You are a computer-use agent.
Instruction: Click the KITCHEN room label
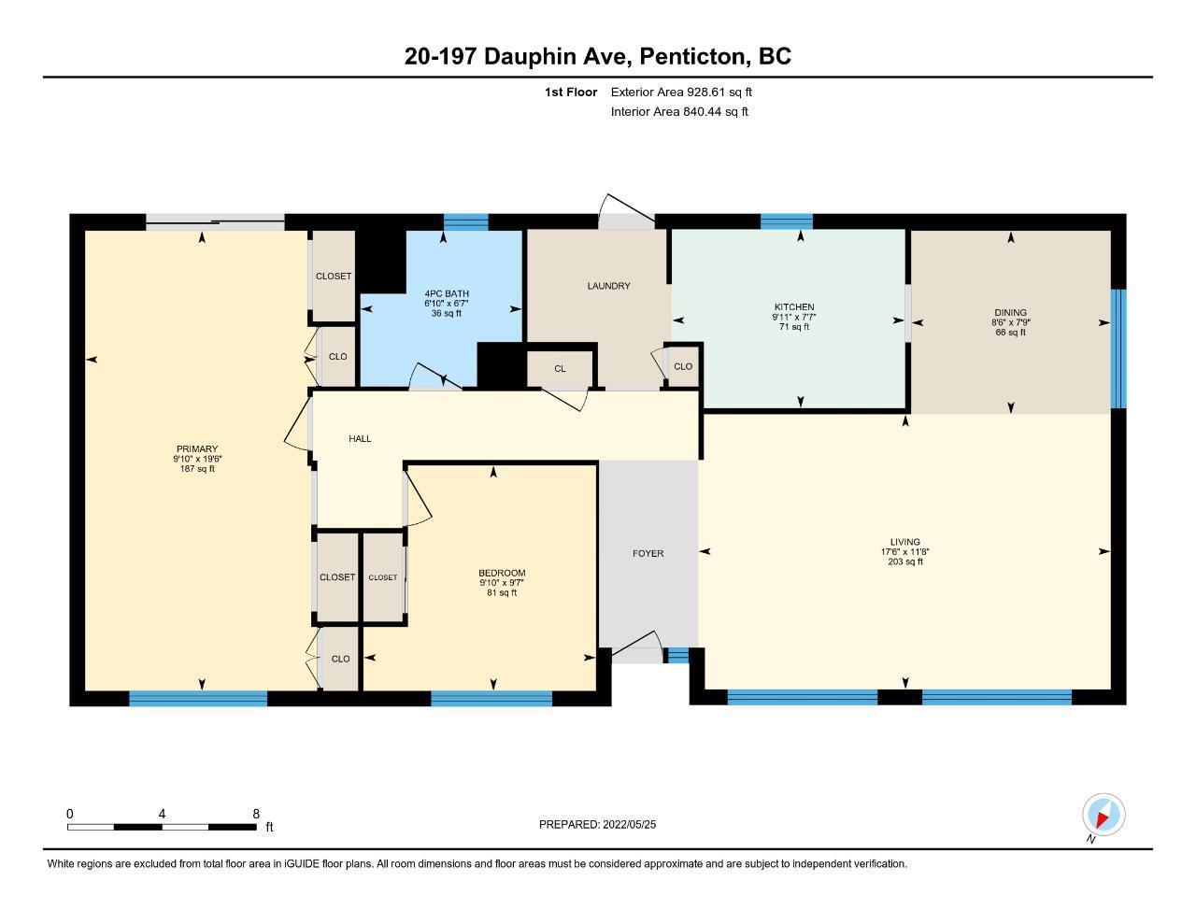[793, 307]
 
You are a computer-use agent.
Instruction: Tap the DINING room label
[1010, 313]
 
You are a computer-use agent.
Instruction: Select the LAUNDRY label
[608, 286]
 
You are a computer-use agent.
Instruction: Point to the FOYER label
[648, 554]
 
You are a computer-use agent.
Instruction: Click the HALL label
[360, 438]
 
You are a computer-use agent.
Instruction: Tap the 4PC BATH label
[447, 294]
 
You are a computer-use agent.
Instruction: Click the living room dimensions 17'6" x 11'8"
[904, 552]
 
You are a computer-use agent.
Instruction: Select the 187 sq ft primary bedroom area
[197, 469]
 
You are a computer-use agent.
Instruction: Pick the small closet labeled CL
[560, 369]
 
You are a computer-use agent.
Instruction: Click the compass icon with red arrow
[1103, 815]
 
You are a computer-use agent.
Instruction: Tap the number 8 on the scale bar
[256, 814]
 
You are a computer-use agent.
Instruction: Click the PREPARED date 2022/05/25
[629, 825]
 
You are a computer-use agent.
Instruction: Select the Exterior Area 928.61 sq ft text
[681, 92]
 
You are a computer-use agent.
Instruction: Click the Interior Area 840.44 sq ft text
[679, 112]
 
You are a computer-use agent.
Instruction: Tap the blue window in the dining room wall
[1118, 348]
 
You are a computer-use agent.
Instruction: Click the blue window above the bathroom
[465, 221]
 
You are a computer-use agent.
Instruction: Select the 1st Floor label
[571, 92]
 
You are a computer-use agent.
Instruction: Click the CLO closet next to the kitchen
[682, 366]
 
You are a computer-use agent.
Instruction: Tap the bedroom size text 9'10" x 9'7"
[502, 583]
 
